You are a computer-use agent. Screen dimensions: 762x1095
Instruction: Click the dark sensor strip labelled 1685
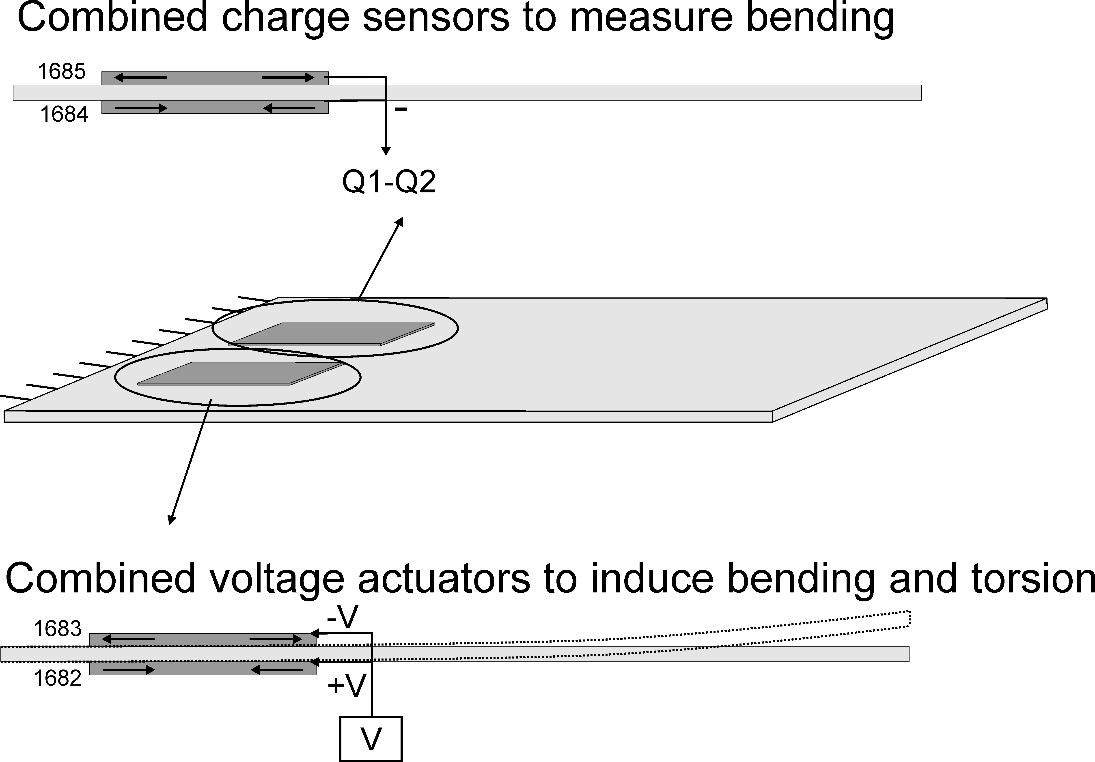click(x=215, y=78)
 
